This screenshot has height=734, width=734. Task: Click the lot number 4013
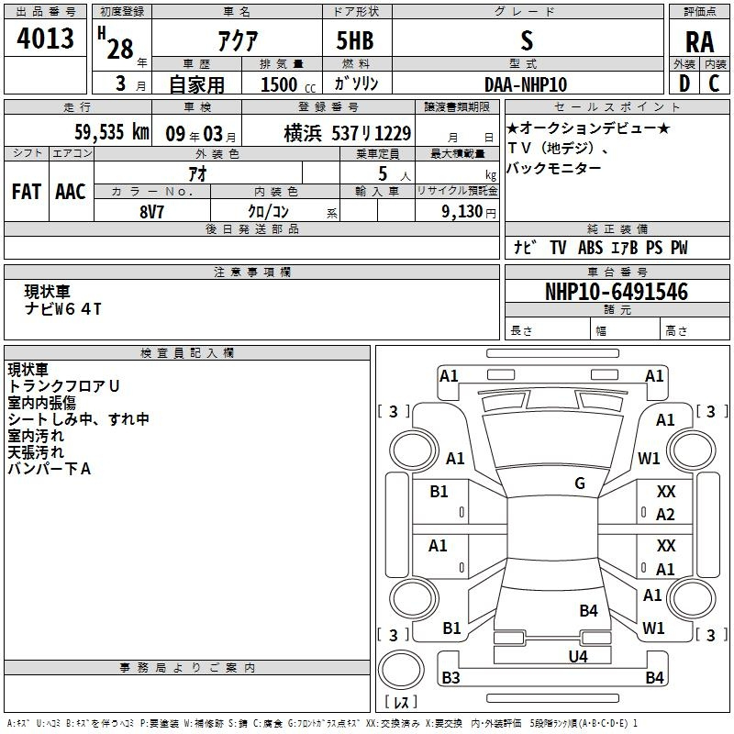[45, 38]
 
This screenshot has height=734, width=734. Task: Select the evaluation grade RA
[699, 42]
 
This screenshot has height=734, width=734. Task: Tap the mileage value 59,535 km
[112, 132]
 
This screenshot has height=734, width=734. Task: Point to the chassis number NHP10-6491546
[617, 292]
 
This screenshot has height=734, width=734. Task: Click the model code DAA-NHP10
[526, 84]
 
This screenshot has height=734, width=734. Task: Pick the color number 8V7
[151, 212]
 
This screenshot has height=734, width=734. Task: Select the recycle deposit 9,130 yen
[469, 212]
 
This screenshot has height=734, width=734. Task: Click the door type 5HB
[355, 40]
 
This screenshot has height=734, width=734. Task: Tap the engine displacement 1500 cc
[288, 84]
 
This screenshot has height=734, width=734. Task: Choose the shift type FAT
[27, 192]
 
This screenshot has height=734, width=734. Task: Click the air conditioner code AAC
[71, 192]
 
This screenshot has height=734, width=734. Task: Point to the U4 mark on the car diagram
[578, 656]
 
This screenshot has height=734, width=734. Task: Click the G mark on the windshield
[580, 483]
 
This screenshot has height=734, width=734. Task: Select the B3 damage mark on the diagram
[450, 677]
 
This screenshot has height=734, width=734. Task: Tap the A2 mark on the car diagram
[665, 515]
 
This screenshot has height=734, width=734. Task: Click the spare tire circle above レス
[401, 669]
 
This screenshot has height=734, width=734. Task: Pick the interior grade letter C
[714, 83]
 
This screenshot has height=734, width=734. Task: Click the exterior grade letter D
[684, 83]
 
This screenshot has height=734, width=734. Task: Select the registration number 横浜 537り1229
[348, 133]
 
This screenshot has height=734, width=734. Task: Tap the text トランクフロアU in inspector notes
[63, 385]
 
